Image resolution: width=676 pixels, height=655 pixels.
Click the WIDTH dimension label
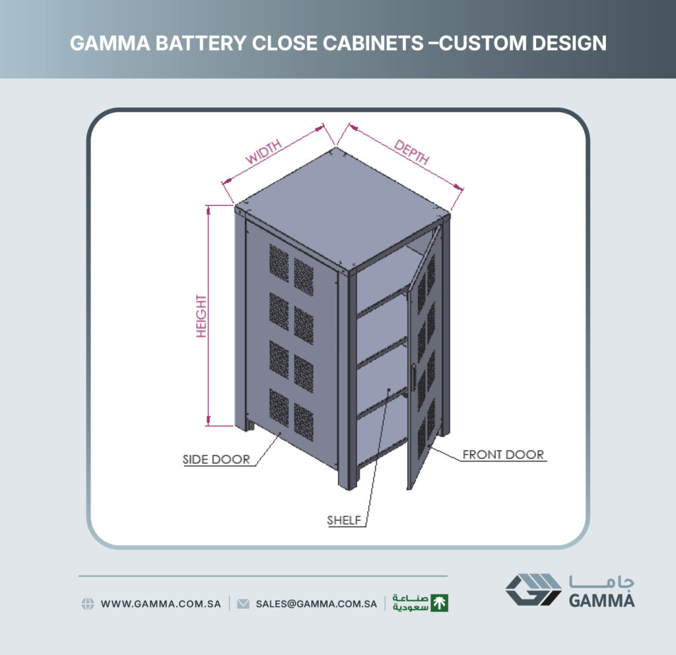pyautogui.click(x=263, y=151)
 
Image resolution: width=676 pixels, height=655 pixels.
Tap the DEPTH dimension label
pyautogui.click(x=412, y=153)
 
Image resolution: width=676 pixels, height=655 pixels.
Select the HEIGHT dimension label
pyautogui.click(x=201, y=316)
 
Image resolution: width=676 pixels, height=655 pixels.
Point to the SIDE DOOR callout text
pyautogui.click(x=216, y=460)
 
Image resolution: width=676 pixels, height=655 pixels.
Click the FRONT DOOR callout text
pyautogui.click(x=503, y=454)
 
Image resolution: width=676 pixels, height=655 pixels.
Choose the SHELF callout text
pyautogui.click(x=343, y=520)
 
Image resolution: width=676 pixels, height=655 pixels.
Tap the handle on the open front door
pyautogui.click(x=413, y=377)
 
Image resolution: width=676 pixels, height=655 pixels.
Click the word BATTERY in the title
pyautogui.click(x=201, y=43)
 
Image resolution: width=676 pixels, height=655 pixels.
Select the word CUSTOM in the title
pyautogui.click(x=482, y=43)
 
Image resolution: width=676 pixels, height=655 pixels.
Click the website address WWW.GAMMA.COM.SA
pyautogui.click(x=161, y=603)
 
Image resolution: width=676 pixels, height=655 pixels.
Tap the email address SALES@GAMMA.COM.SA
pyautogui.click(x=316, y=603)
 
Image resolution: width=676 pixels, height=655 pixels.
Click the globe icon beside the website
pyautogui.click(x=88, y=603)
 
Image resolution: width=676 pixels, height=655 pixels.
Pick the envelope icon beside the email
pyautogui.click(x=243, y=603)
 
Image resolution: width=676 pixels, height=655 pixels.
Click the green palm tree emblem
pyautogui.click(x=439, y=603)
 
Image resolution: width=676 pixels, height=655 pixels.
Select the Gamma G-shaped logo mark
pyautogui.click(x=533, y=590)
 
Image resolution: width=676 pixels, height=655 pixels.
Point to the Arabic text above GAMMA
pyautogui.click(x=601, y=582)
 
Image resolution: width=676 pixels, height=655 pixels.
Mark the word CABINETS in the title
pyautogui.click(x=337, y=43)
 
